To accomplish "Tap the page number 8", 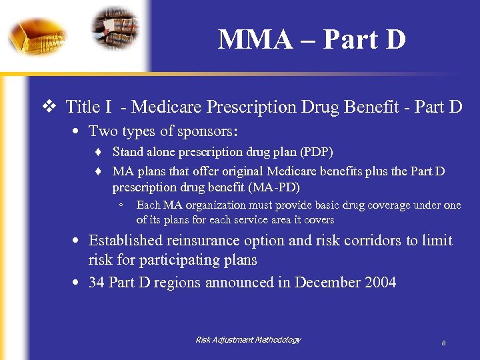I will click(443, 343).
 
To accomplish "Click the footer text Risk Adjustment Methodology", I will click(248, 340).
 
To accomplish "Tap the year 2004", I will click(381, 283).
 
